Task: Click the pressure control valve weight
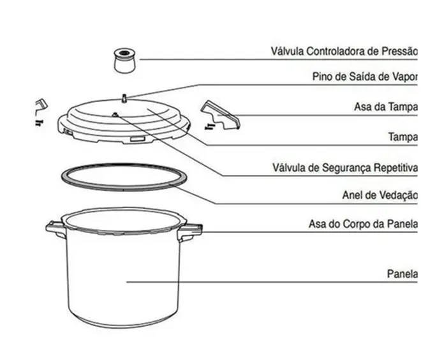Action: coord(124,61)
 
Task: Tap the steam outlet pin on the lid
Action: coord(124,98)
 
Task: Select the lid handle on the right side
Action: coord(221,116)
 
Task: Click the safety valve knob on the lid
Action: coord(115,115)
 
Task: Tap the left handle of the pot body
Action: coord(55,229)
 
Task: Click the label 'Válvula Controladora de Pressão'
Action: coord(344,51)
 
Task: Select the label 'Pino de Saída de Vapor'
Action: coord(365,77)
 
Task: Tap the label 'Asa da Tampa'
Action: coord(386,107)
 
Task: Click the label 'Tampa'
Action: coord(403,137)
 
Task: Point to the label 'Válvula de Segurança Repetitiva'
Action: coord(345,168)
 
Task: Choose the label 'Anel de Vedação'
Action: coord(380,195)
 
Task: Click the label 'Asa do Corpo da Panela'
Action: coord(363,224)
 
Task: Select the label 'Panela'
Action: coord(403,274)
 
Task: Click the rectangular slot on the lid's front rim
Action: coord(138,139)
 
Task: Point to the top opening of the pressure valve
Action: coord(124,52)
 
